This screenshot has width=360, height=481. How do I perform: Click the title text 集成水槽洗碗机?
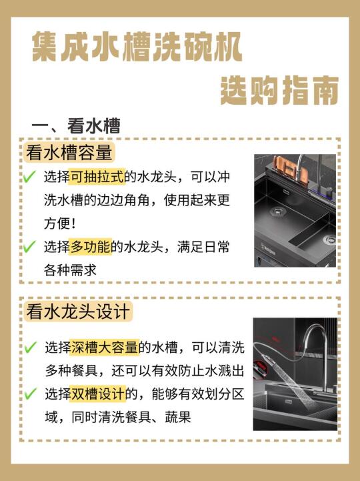click(137, 47)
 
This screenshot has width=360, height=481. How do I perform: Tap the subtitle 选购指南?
click(279, 91)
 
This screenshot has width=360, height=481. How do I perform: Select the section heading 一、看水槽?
click(76, 126)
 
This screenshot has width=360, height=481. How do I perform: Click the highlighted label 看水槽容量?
click(69, 152)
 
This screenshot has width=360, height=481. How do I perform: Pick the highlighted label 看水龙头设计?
click(78, 312)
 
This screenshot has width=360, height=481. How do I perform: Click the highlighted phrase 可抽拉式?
click(97, 177)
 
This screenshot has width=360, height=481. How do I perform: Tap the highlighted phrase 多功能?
click(91, 247)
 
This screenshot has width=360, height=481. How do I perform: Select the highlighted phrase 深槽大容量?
click(104, 348)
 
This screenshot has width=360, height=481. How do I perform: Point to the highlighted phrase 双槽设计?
click(98, 394)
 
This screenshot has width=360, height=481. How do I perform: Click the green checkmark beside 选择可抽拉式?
click(29, 176)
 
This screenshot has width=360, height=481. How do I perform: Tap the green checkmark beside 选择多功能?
click(29, 246)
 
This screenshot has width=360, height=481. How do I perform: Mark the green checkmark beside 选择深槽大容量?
click(31, 347)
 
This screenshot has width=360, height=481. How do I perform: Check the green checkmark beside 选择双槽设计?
click(31, 394)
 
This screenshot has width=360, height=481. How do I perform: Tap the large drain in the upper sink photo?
click(278, 211)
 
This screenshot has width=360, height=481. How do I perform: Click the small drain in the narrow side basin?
click(330, 239)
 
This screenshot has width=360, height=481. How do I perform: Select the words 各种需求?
click(70, 270)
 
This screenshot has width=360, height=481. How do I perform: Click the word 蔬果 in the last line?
click(177, 417)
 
